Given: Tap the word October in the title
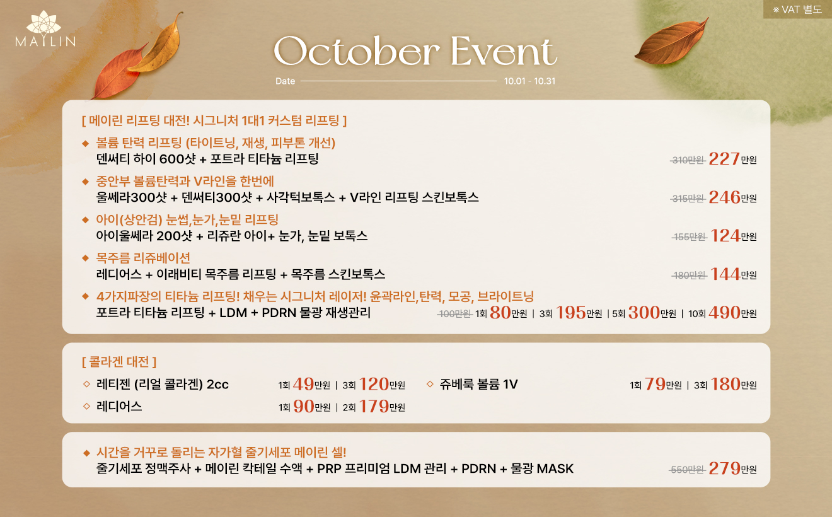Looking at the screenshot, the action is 357,52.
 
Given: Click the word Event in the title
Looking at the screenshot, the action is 504,51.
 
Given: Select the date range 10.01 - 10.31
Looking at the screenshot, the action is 529,81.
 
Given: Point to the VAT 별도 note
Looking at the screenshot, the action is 797,9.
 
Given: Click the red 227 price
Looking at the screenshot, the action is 724,159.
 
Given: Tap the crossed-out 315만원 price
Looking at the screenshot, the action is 688,199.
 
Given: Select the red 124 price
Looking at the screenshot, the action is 725,236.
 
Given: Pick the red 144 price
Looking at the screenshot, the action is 725,274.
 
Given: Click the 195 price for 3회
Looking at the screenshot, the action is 571,313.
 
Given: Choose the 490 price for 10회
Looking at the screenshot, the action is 724,313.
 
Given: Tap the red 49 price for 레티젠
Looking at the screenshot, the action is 303,385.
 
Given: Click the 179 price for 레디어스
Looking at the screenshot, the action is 374,407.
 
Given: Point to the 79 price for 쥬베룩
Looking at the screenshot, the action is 655,385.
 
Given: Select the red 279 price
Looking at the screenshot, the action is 725,468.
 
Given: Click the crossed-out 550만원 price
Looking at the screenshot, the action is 688,470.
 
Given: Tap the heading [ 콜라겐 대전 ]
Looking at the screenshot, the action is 119,362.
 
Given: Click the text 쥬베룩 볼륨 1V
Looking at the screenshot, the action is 479,384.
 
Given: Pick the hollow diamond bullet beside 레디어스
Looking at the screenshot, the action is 86,406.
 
